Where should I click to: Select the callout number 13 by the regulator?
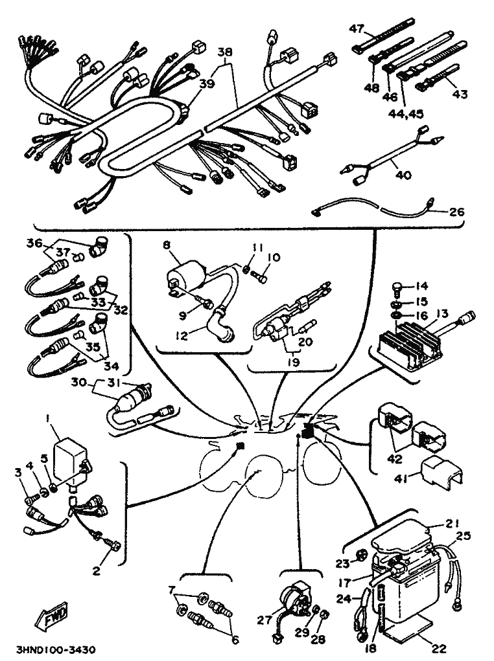[x=442, y=314]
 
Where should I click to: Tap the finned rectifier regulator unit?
[x=408, y=344]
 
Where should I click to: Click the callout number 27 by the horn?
[x=263, y=620]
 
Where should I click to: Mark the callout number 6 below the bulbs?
[x=235, y=640]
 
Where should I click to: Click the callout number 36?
[x=34, y=243]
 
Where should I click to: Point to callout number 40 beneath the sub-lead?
[x=403, y=174]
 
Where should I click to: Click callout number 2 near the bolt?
[x=97, y=570]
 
